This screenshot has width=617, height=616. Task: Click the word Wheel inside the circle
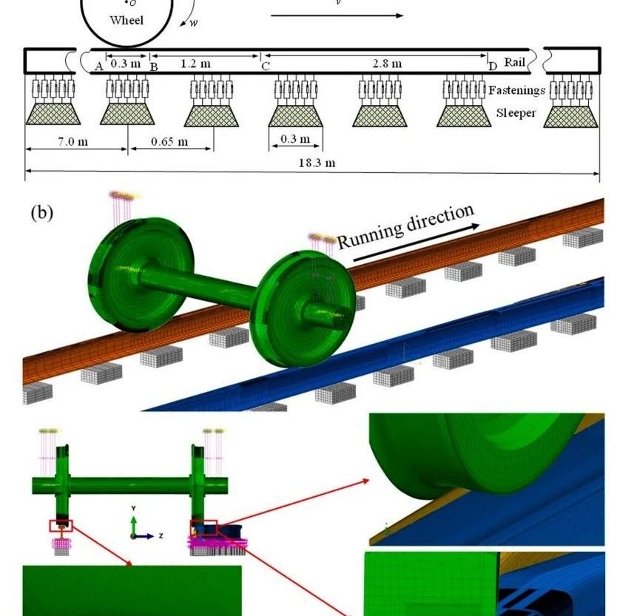pyautogui.click(x=127, y=21)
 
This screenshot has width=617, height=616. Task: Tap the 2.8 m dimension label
pyautogui.click(x=387, y=64)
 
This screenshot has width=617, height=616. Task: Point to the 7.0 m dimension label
pyautogui.click(x=73, y=141)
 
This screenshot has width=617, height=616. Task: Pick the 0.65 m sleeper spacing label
pyautogui.click(x=170, y=141)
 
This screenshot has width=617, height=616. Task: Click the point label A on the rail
pyautogui.click(x=98, y=67)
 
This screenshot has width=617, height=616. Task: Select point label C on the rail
pyautogui.click(x=265, y=67)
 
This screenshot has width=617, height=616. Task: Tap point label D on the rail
pyautogui.click(x=493, y=67)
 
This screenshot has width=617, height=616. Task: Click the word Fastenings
pyautogui.click(x=516, y=90)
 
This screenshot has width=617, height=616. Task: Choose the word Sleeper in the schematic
pyautogui.click(x=516, y=113)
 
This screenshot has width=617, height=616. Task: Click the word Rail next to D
pyautogui.click(x=514, y=64)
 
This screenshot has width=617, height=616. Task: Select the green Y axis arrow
pyautogui.click(x=133, y=522)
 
